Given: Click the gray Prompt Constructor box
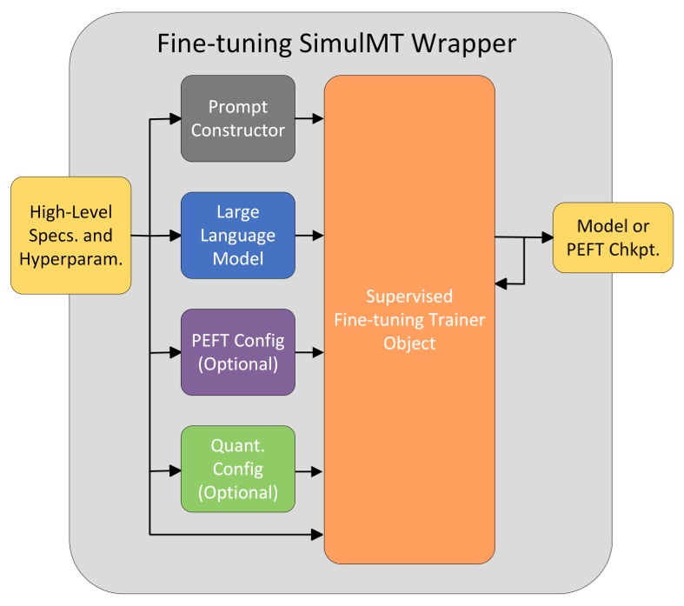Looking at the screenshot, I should coord(237,118).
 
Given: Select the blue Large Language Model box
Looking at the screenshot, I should coord(237,235).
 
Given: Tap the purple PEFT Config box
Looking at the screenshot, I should coord(237,352).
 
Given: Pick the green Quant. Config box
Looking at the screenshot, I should coord(237,469).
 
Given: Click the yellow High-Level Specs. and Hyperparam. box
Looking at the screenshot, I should coord(70,235).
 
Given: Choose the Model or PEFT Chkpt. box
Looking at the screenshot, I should coord(613,236).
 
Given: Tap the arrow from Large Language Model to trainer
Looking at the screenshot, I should coord(309,235).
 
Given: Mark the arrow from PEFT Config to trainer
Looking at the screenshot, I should coord(309,352).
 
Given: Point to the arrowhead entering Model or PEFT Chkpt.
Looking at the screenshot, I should coord(546,237).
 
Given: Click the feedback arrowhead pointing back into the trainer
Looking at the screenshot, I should coord(501,283).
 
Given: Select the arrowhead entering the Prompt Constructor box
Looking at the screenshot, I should coord(174,118).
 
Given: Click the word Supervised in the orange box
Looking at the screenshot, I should coord(409,296).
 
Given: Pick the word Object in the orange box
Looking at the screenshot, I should coord(409,343).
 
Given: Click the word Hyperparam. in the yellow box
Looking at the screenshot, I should coord(70,259).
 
